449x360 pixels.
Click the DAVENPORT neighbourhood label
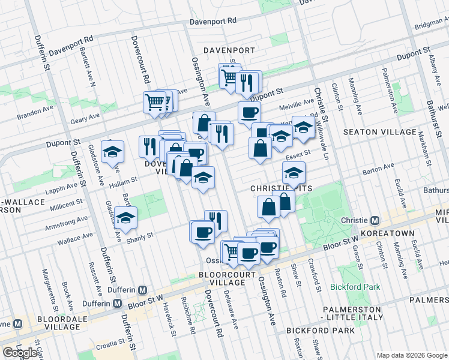click(229, 50)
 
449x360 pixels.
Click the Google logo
click(20, 353)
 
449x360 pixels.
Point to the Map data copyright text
click(411, 355)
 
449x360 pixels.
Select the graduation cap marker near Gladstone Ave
click(112, 152)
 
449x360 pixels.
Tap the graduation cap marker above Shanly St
click(125, 218)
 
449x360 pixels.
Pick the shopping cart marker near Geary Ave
click(155, 103)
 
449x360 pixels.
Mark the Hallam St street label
click(123, 179)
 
